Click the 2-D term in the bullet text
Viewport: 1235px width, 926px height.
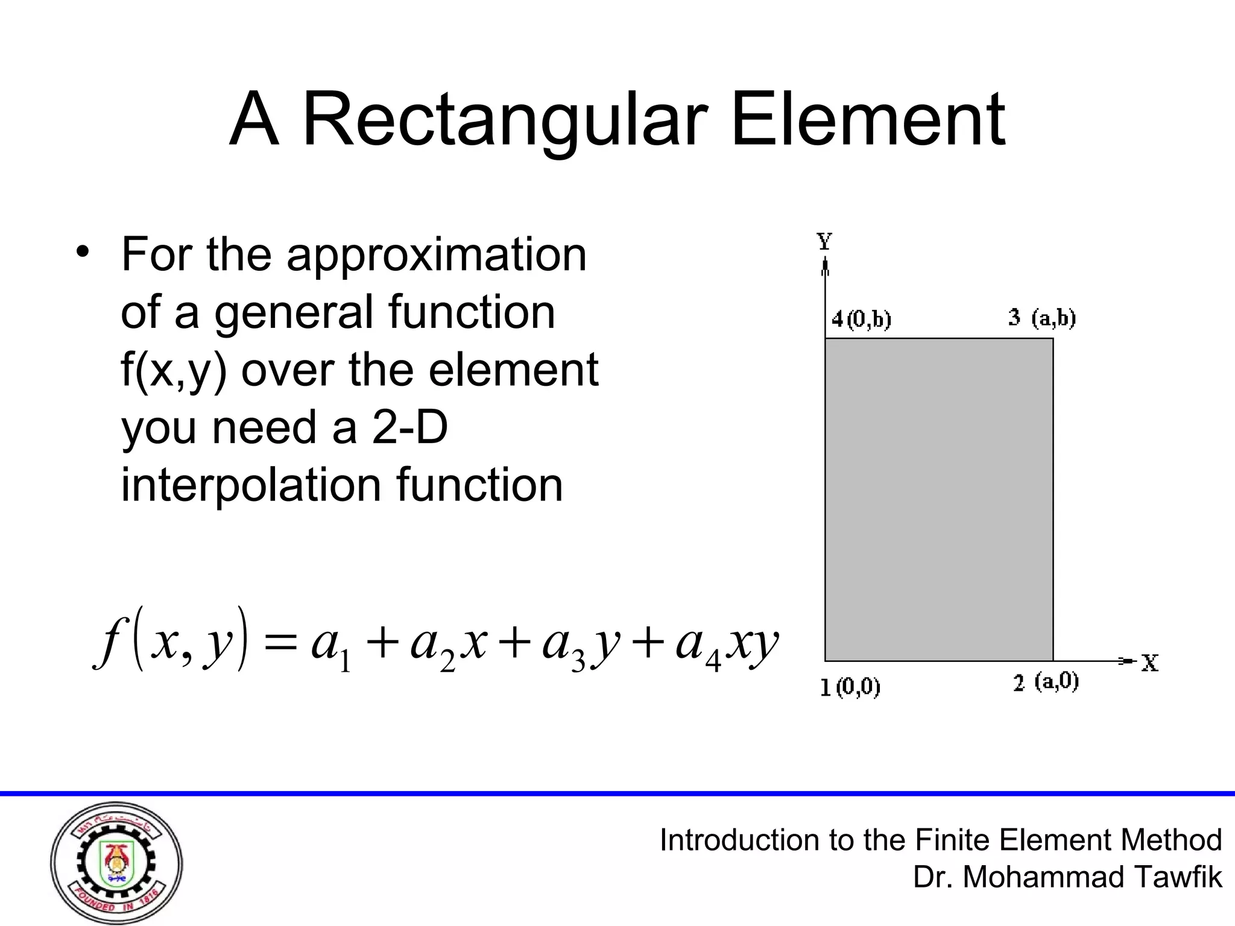click(410, 427)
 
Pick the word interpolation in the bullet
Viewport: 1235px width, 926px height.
click(251, 485)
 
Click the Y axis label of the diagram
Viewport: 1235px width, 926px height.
click(824, 242)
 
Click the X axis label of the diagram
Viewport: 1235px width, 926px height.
click(1149, 663)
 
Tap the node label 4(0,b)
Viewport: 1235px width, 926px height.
click(861, 320)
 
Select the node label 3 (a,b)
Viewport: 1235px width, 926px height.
click(1042, 318)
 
